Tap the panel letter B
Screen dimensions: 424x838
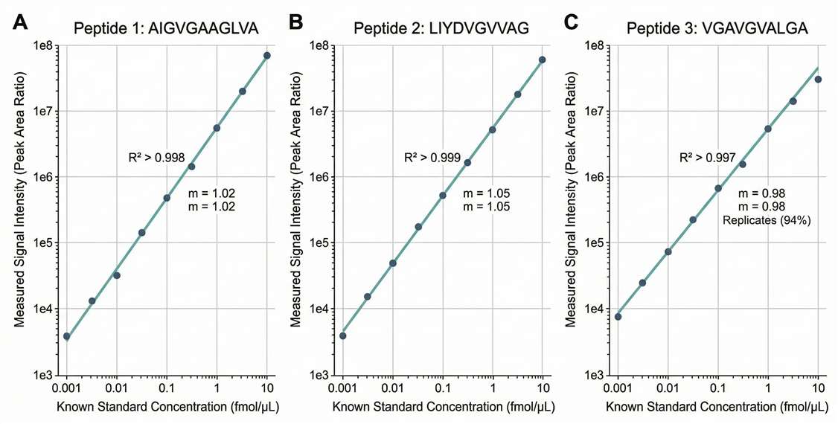tap(295, 23)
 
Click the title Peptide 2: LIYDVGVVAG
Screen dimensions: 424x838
tap(442, 28)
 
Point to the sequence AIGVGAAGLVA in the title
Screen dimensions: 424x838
tap(213, 28)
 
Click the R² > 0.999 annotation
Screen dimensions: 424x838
tap(438, 158)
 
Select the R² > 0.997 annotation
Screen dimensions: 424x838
tap(707, 158)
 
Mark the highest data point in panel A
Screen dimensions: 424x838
tap(266, 56)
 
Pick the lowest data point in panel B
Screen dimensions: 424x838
tap(342, 335)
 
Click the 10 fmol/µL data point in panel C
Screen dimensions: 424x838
tap(818, 80)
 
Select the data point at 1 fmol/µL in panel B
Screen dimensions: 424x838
tap(492, 129)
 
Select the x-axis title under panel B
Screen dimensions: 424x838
tap(442, 408)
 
